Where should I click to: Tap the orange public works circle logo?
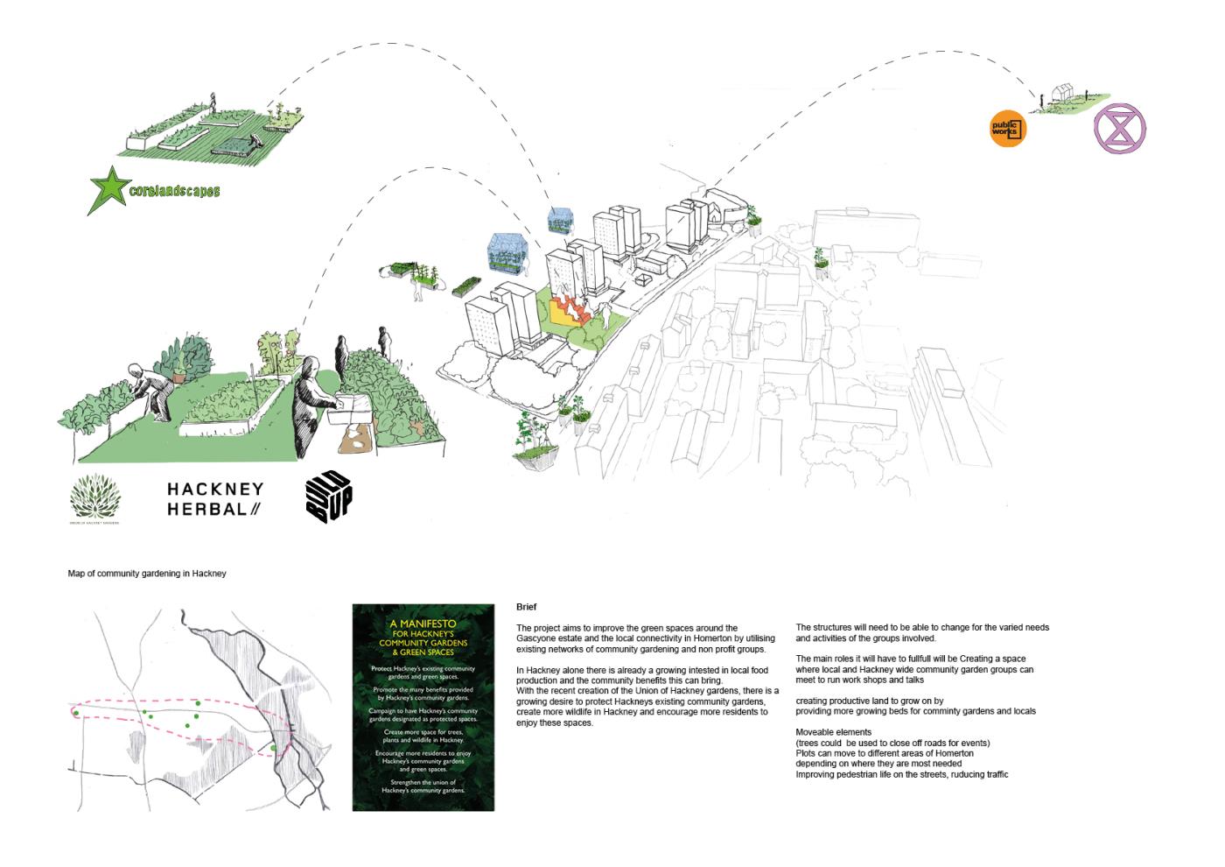click(1007, 130)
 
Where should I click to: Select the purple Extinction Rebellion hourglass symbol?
click(1119, 129)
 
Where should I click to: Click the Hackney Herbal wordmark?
click(214, 498)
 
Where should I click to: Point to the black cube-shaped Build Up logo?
click(328, 497)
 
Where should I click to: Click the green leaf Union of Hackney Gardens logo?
click(95, 500)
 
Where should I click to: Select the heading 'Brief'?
click(526, 607)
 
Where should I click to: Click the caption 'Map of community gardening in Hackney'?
click(147, 574)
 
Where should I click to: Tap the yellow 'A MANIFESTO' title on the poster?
click(423, 624)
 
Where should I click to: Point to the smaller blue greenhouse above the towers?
click(558, 219)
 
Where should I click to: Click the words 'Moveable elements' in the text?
click(833, 732)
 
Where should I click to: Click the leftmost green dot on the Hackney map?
click(77, 714)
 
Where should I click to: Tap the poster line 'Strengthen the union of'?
click(423, 782)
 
